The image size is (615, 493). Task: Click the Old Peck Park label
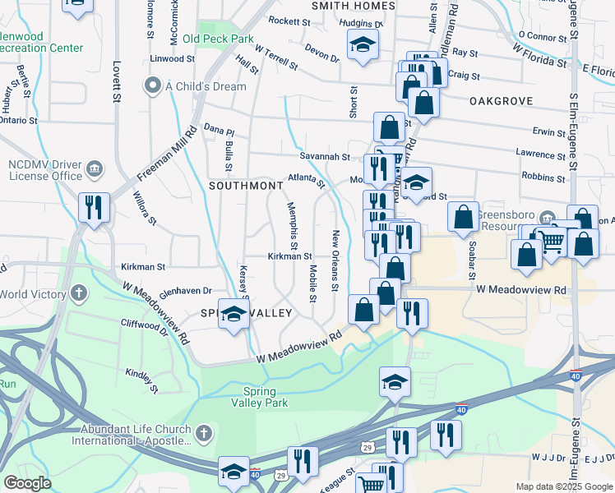[x=218, y=39]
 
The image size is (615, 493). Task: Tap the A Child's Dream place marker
[x=151, y=85]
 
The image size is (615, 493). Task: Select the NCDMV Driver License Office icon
[x=95, y=169]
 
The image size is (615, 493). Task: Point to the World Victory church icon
[x=79, y=293]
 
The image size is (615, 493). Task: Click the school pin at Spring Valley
[x=234, y=315]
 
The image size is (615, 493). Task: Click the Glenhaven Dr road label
[x=186, y=291]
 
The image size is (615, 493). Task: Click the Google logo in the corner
[x=27, y=483]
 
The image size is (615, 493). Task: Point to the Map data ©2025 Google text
[x=563, y=486]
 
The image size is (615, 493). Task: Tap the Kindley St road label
[x=141, y=376]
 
